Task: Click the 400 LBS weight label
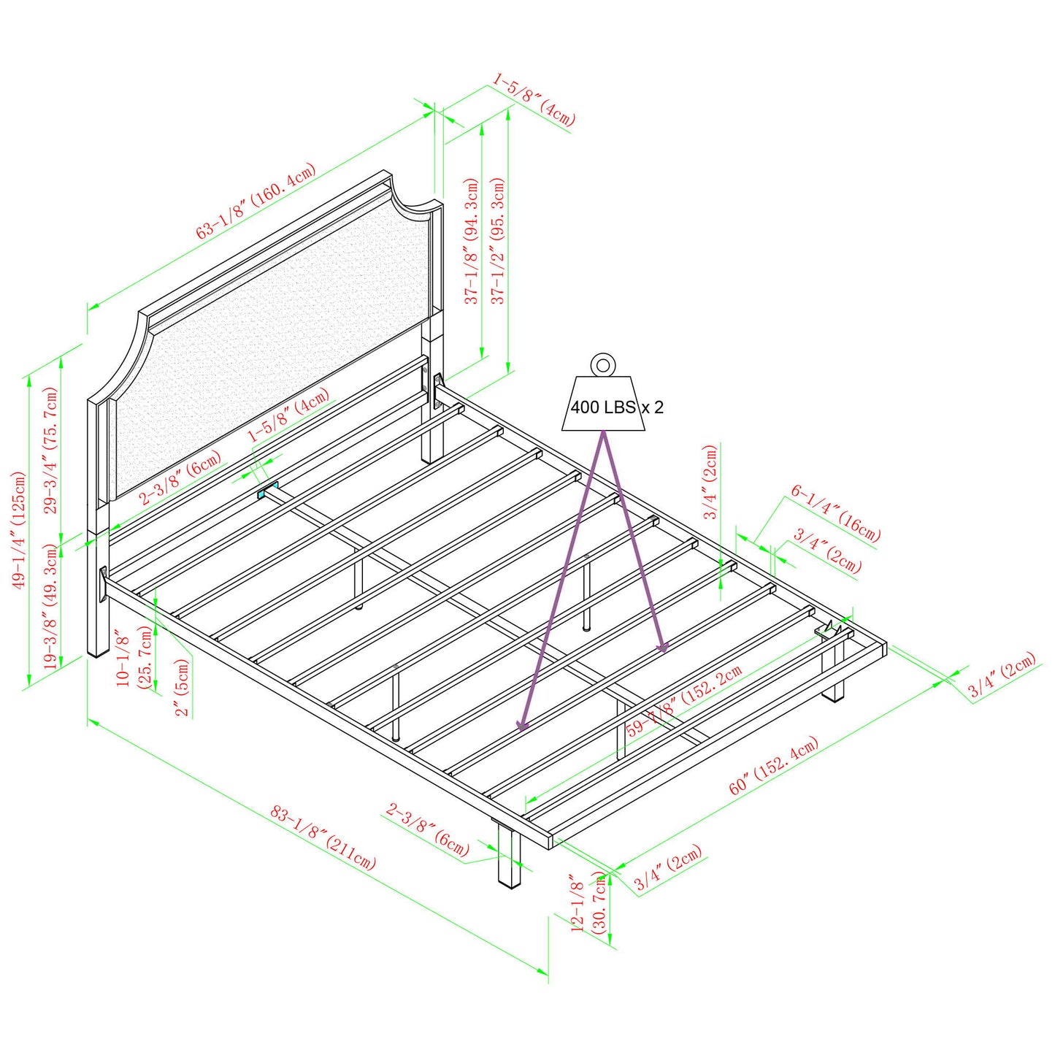coord(603,407)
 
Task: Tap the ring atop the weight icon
coord(603,364)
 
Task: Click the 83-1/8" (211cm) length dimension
coord(323,837)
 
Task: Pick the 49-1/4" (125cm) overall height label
coord(18,529)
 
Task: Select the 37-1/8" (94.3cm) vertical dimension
coord(472,241)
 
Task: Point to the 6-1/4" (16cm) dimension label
coord(835,515)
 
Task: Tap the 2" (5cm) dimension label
coord(182,688)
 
